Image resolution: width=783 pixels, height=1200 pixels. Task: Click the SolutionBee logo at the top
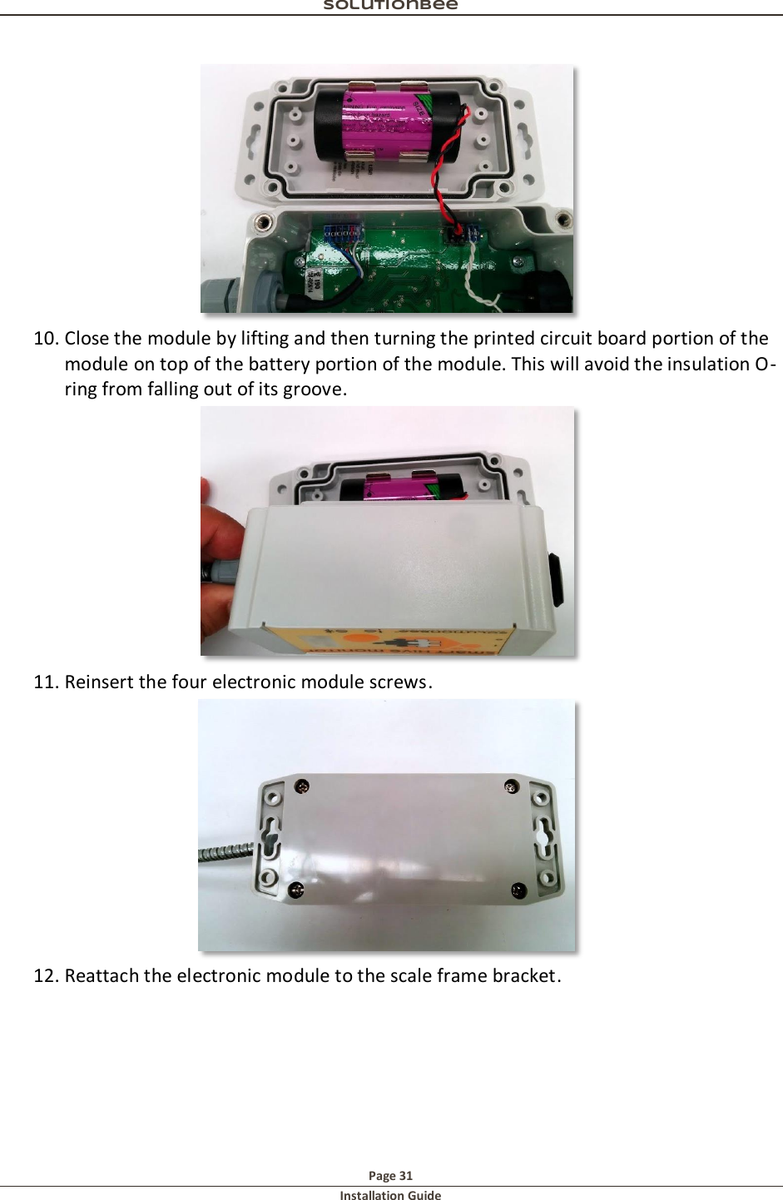tap(390, 5)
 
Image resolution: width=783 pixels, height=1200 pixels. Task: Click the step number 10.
tap(46, 339)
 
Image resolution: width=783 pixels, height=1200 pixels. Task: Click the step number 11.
tap(46, 682)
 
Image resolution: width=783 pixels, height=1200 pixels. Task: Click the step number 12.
tap(46, 976)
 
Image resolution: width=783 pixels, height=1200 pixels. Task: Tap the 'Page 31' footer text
tap(390, 1176)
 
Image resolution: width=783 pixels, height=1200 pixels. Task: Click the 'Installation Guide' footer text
tap(390, 1196)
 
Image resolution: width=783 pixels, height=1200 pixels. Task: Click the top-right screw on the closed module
tap(512, 786)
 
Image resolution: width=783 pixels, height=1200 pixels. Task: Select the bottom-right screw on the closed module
tap(518, 891)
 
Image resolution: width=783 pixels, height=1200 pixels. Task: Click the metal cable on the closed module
tap(225, 852)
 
